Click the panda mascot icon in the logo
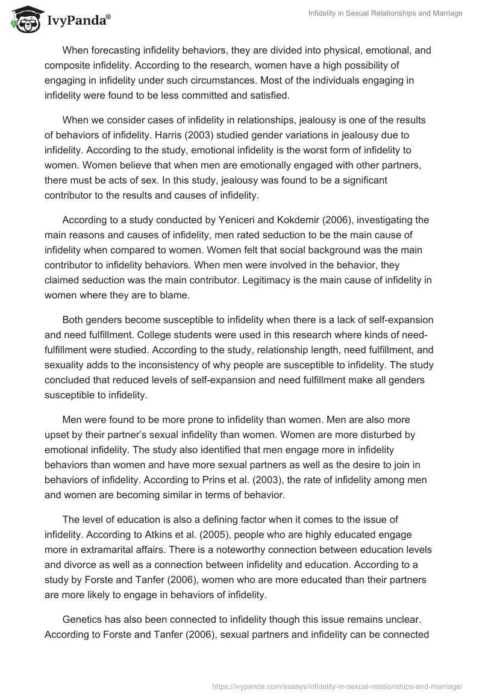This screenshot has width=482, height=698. pos(24,20)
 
